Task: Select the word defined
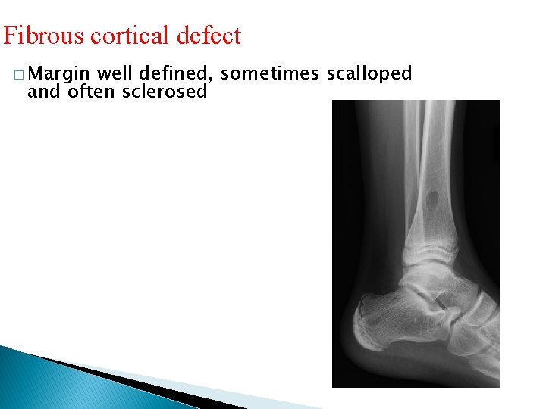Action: point(175,73)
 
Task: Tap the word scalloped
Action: point(369,74)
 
